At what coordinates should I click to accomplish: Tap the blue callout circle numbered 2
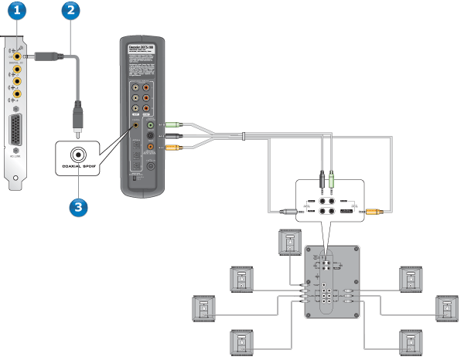(x=71, y=11)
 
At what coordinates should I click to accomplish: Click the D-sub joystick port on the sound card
(x=15, y=132)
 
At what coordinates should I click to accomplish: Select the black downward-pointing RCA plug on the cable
(x=77, y=117)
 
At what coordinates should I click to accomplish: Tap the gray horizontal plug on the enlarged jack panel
(x=289, y=210)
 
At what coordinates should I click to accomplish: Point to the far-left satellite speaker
(x=204, y=309)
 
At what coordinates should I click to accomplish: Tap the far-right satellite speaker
(x=448, y=308)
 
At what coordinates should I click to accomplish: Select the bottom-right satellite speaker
(x=411, y=341)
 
